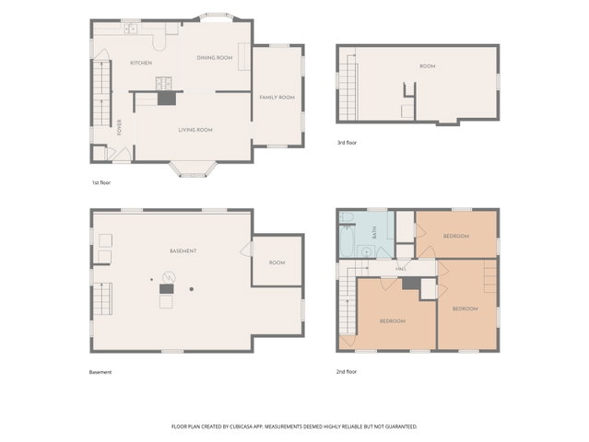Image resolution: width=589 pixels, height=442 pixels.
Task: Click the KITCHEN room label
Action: click(x=141, y=63)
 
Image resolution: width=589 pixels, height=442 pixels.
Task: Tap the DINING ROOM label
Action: click(x=215, y=58)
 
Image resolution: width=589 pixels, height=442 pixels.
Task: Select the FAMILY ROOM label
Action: click(x=277, y=98)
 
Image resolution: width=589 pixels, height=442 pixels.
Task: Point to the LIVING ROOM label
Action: click(x=195, y=130)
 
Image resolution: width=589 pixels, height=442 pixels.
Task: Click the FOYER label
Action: click(x=120, y=127)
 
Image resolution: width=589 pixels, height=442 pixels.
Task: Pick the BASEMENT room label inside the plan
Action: click(x=183, y=251)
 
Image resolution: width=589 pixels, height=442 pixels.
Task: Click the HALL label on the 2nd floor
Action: click(x=401, y=269)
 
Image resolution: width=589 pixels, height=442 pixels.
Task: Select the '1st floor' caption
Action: click(x=101, y=182)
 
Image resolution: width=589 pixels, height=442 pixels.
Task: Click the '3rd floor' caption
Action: click(x=347, y=143)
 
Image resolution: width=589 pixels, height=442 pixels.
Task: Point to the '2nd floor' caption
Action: click(x=347, y=372)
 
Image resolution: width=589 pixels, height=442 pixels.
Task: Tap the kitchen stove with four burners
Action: click(x=164, y=83)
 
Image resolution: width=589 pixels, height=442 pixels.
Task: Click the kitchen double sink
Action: click(x=131, y=29)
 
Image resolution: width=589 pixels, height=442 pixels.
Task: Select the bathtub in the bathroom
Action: click(x=347, y=241)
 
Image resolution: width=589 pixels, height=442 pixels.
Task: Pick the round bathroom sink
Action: click(x=366, y=252)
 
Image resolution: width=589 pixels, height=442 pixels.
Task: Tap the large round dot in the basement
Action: click(x=192, y=289)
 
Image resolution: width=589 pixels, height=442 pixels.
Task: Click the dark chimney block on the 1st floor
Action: click(x=167, y=99)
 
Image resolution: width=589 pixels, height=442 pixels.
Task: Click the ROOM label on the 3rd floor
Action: click(x=428, y=66)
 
